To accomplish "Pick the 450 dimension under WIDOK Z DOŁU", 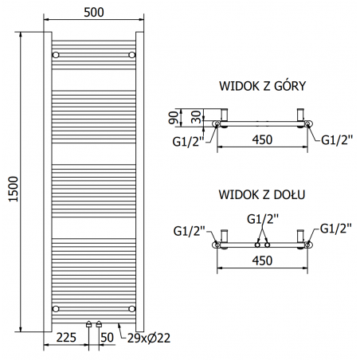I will (262, 258).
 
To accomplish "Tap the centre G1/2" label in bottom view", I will (262, 217).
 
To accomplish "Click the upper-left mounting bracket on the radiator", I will (56, 54).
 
